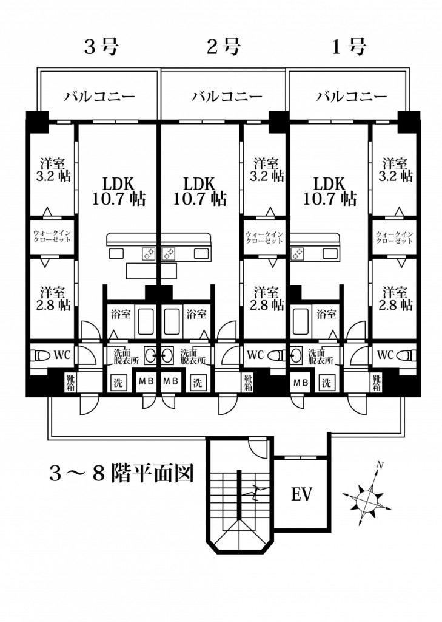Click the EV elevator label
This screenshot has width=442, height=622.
click(x=302, y=494)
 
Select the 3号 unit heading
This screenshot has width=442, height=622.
click(x=102, y=47)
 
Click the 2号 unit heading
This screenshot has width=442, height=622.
click(x=224, y=47)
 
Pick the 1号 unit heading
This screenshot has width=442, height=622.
click(x=349, y=47)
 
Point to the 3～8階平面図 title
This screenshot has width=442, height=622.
click(x=122, y=473)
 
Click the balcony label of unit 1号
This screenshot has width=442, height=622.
click(x=352, y=97)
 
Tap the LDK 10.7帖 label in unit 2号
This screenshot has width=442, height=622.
click(x=200, y=191)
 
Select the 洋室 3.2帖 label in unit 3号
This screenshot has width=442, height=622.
click(x=53, y=170)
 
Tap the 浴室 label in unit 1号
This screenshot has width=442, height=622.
click(x=326, y=315)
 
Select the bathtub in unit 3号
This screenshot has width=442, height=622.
click(x=145, y=321)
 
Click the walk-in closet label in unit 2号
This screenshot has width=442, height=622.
click(x=264, y=238)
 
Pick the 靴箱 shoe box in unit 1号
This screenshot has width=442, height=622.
click(x=377, y=383)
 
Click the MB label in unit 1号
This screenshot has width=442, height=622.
click(x=300, y=383)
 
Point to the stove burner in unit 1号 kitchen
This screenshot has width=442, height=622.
click(x=296, y=253)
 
